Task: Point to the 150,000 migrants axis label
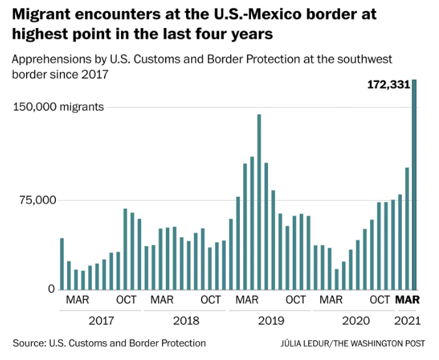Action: (59, 107)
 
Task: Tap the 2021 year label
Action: (407, 320)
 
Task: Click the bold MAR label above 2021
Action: (408, 300)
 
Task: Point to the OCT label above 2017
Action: (126, 300)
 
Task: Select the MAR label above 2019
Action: (247, 300)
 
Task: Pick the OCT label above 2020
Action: (380, 300)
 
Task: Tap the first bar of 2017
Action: (62, 264)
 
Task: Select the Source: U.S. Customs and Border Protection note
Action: (109, 343)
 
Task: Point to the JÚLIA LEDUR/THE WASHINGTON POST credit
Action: (354, 343)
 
